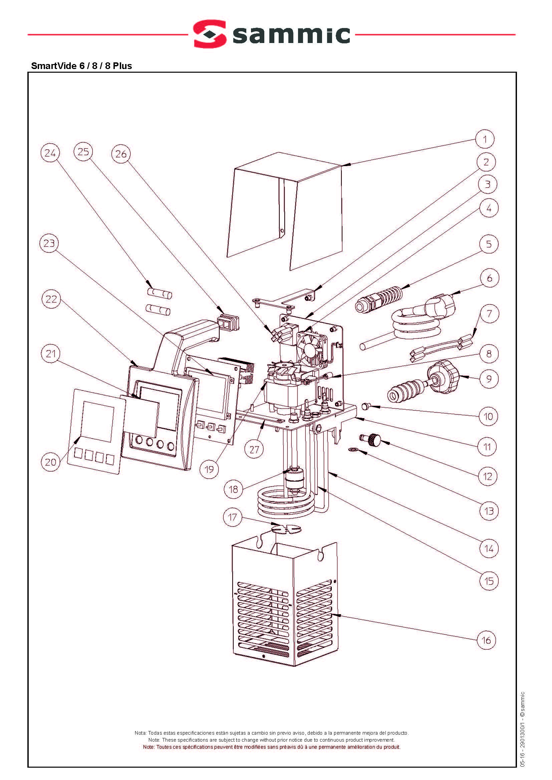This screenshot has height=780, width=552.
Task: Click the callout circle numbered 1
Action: coord(485,139)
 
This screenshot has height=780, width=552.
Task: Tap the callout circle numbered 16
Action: coord(486,640)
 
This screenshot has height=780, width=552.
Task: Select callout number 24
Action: coord(50,153)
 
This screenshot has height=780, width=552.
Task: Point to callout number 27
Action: coord(254,450)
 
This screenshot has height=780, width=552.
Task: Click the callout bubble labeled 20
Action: coord(51,462)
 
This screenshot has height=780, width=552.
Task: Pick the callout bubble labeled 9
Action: coord(489,378)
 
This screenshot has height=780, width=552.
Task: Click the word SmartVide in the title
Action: coord(54,66)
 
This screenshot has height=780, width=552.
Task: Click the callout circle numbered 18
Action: coord(234,489)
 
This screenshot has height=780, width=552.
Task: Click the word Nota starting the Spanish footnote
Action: coord(140,733)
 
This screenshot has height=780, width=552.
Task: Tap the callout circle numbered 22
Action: coord(51,299)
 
